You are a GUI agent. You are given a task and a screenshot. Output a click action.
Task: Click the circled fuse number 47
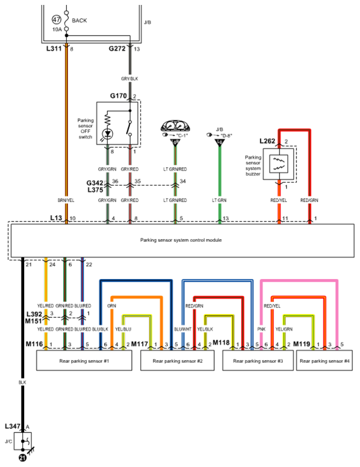point(56,20)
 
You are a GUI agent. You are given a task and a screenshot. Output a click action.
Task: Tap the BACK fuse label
point(79,20)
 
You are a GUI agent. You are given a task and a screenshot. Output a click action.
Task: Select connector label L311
point(54,49)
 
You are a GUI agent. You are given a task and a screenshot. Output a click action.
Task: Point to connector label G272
point(117,49)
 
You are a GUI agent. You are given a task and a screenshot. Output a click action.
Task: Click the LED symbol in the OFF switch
point(107,134)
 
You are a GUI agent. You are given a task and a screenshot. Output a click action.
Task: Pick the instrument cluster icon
point(175,126)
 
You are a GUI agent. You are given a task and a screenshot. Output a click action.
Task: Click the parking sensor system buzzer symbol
point(278,164)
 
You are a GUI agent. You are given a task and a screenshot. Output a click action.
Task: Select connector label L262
point(267,141)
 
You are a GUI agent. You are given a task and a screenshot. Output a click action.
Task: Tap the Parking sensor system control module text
point(181,240)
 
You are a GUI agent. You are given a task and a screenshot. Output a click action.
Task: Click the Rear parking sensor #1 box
point(84,360)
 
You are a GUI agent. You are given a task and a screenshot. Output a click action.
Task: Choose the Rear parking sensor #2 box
point(177,360)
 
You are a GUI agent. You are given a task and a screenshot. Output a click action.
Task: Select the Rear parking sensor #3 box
point(258,360)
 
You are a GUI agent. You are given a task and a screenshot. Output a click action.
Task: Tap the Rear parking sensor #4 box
point(324,360)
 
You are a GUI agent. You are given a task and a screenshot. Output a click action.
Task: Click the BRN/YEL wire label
point(66,201)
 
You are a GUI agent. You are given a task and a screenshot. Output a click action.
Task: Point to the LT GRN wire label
point(219,201)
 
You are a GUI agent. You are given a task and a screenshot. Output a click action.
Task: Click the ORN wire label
point(112,306)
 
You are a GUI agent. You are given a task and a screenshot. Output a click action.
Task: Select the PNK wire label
point(261,329)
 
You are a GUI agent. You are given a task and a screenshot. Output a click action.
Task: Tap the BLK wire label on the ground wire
point(22,383)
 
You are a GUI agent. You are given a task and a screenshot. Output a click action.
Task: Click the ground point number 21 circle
point(22,458)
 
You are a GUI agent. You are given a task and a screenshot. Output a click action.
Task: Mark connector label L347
point(13,426)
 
